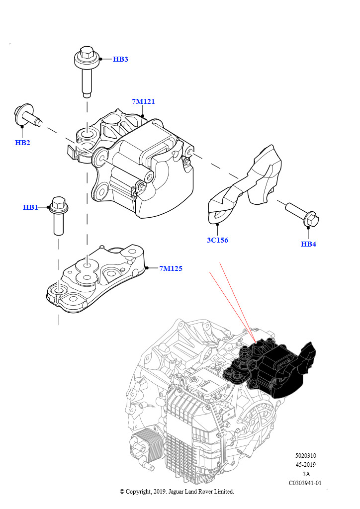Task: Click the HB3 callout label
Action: (120, 59)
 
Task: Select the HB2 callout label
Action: (22, 143)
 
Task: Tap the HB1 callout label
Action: (30, 207)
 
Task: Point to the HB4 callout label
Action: (308, 244)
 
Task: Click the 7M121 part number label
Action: (143, 101)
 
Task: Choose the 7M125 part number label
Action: (171, 268)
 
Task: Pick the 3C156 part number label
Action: (217, 240)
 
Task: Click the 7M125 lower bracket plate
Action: (96, 279)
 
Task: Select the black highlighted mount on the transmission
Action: (270, 368)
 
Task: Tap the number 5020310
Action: (305, 455)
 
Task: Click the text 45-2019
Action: (305, 465)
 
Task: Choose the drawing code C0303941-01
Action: (305, 483)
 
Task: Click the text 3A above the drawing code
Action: (306, 474)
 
